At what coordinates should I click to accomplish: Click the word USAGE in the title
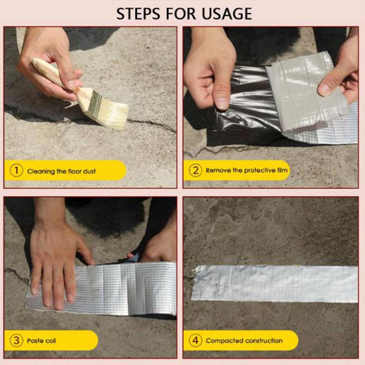coord(227,14)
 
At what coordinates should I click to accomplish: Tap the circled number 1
coord(16,170)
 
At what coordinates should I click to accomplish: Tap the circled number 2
coord(195,170)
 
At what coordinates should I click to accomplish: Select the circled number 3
coord(16,340)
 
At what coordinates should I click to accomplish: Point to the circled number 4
coord(195,340)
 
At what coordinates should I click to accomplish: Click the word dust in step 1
coord(89,171)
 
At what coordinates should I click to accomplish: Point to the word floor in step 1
coord(74,171)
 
